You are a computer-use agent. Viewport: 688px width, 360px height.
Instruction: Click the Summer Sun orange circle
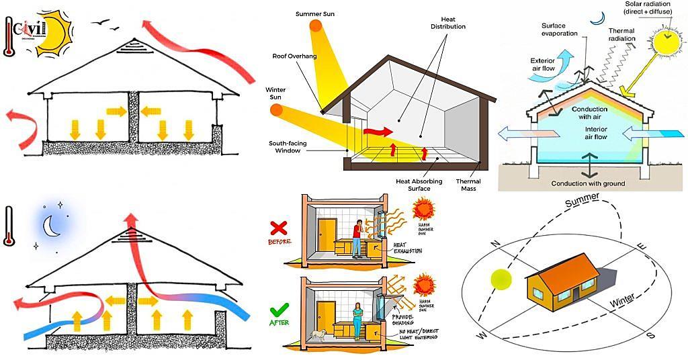[x=316, y=28]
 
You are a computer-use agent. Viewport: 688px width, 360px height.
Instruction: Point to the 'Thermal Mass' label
[x=468, y=185]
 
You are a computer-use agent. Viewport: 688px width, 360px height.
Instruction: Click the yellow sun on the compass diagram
[x=501, y=279]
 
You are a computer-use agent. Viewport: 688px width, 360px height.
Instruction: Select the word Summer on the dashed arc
[x=582, y=203]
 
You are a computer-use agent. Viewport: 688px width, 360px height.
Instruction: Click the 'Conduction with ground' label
[x=588, y=183]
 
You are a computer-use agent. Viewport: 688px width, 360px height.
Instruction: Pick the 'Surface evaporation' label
[x=558, y=30]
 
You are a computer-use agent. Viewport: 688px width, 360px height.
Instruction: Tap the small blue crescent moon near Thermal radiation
[x=594, y=20]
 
